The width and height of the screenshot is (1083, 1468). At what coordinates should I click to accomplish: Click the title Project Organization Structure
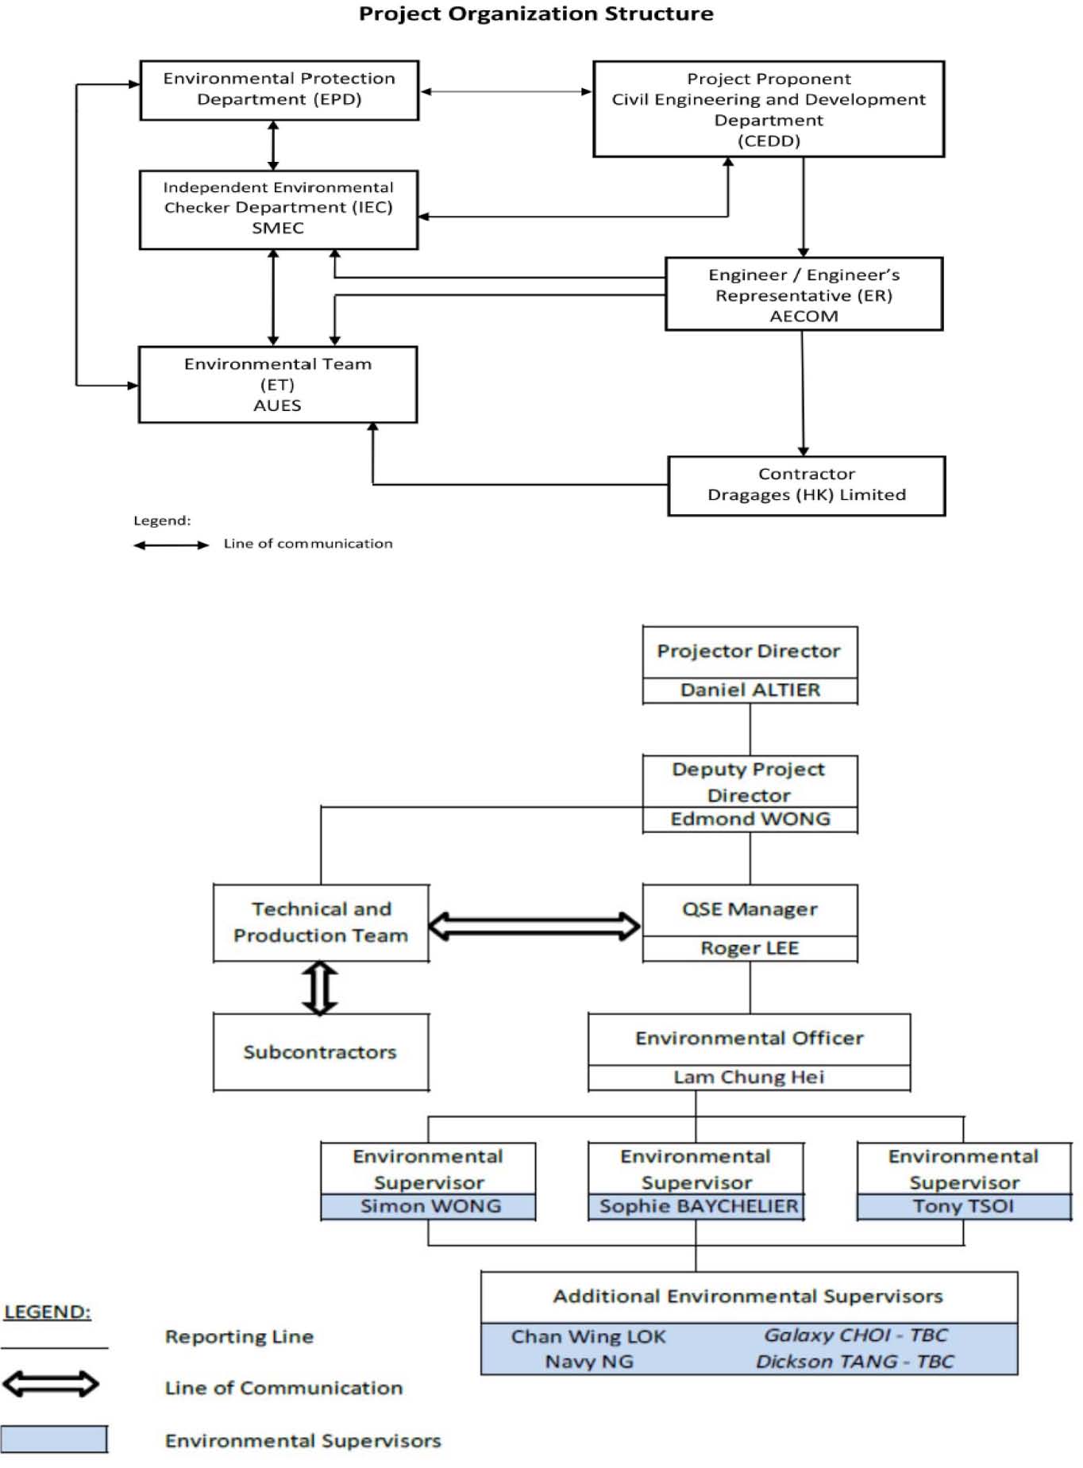[536, 13]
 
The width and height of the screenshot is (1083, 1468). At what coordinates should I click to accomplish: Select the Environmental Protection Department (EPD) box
[279, 90]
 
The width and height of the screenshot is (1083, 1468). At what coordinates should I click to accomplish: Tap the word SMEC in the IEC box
[278, 228]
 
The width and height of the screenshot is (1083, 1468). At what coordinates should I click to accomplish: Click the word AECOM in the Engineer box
[804, 316]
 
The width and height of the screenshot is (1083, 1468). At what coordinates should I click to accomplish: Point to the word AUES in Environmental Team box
[277, 405]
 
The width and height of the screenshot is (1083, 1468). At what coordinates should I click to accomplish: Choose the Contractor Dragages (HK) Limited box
[807, 486]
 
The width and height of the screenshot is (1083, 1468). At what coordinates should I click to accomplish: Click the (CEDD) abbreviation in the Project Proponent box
[769, 141]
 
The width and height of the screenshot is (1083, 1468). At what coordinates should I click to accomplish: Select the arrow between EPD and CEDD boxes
[506, 91]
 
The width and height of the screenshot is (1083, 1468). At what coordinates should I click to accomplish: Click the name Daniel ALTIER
[750, 690]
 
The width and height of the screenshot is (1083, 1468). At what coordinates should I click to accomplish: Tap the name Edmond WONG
[750, 819]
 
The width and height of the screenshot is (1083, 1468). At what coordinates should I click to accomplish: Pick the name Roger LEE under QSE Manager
[750, 948]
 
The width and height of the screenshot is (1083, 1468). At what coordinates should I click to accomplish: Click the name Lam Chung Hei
[749, 1077]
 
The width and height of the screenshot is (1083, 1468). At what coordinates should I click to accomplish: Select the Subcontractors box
[321, 1052]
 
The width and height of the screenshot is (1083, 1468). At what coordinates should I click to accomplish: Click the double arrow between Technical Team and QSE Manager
[534, 925]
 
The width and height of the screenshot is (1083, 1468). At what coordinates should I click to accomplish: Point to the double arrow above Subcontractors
[320, 988]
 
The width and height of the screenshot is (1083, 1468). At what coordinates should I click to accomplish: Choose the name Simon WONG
[430, 1206]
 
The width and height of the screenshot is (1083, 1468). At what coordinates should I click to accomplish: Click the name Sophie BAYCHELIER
[699, 1206]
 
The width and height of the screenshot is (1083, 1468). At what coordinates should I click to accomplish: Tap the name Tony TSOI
[963, 1206]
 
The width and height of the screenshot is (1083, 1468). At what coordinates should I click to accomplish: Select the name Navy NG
[589, 1362]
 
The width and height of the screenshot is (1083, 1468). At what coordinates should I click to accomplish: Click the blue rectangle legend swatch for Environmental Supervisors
[54, 1439]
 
